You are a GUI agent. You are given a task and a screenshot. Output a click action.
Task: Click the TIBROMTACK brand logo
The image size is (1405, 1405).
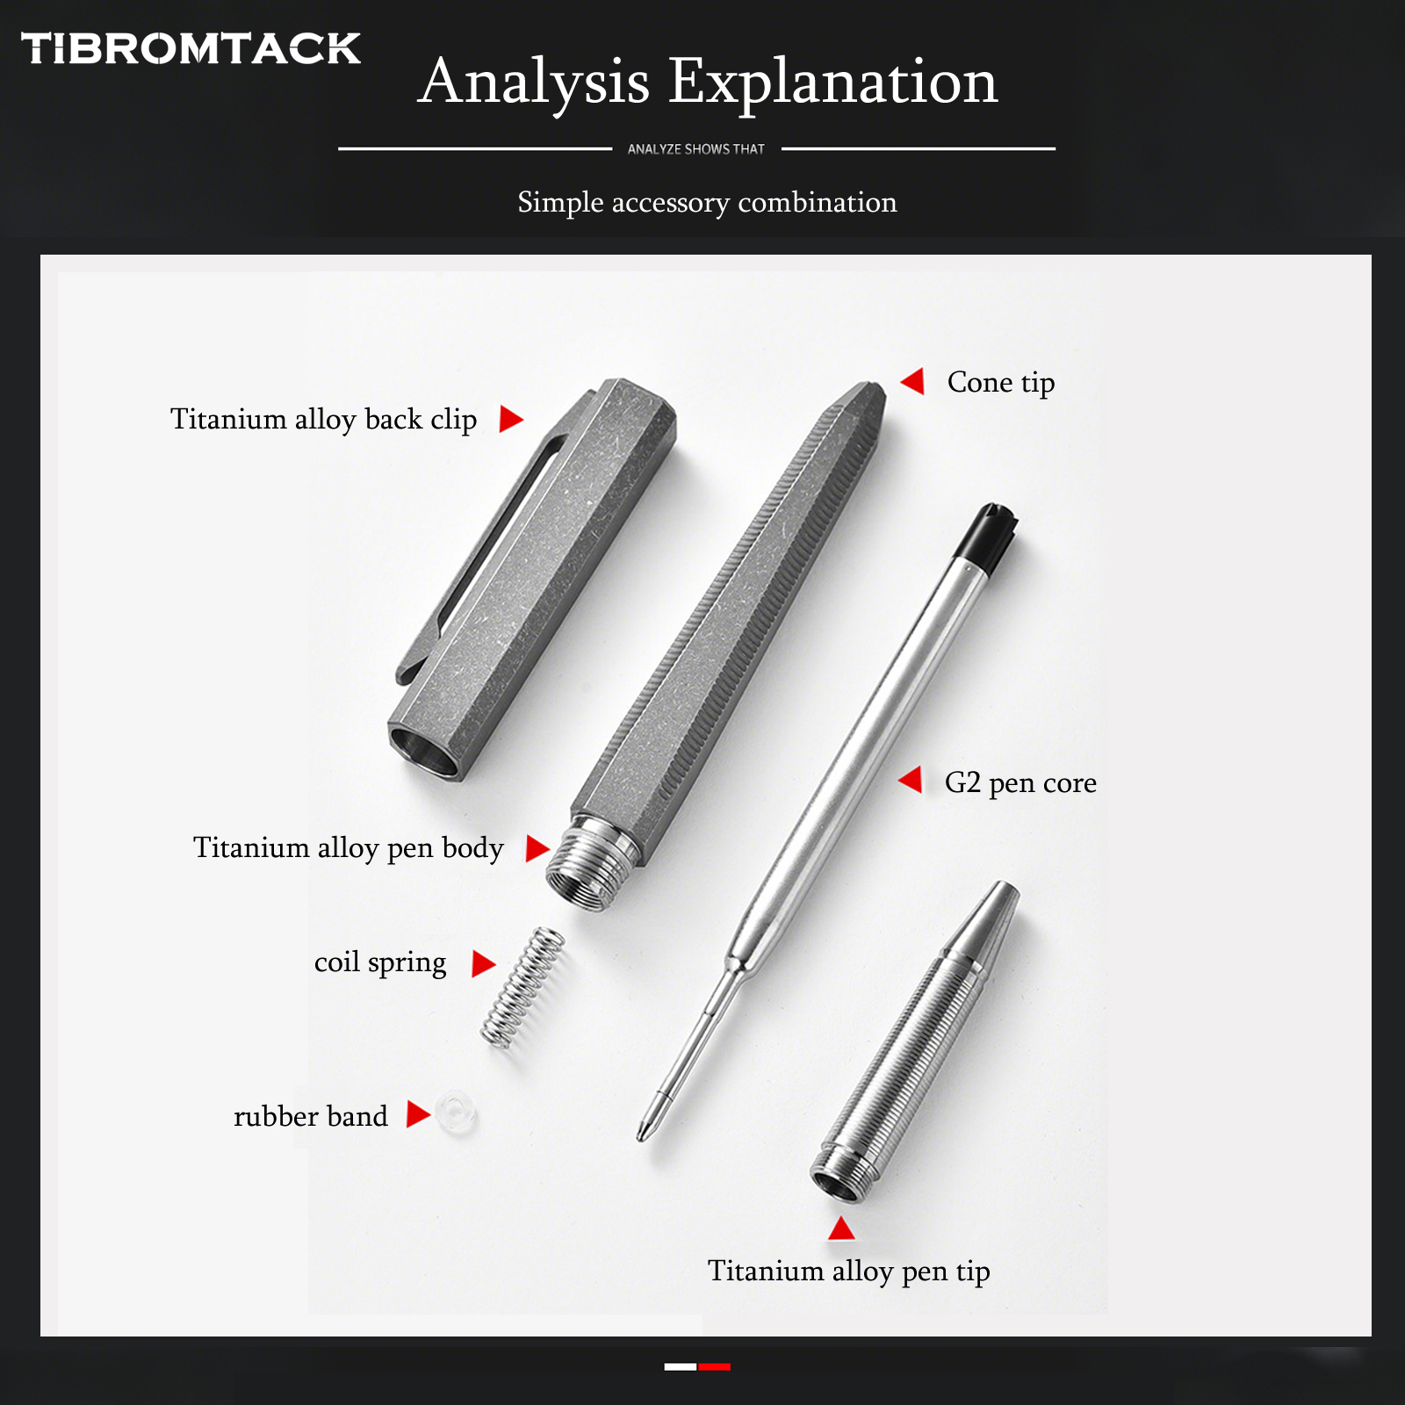191,48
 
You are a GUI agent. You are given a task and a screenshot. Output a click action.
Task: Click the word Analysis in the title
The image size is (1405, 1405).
534,82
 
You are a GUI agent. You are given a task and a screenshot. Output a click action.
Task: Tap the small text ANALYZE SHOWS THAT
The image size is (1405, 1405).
695,149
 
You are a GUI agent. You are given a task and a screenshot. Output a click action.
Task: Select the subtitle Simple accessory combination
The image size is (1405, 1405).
707,202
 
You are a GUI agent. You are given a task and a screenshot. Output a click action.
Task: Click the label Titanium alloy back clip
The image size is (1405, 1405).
323,419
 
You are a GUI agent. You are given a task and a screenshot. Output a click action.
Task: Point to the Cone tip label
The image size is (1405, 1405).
1000,382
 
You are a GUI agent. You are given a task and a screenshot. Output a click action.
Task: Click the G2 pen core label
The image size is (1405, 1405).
1020,782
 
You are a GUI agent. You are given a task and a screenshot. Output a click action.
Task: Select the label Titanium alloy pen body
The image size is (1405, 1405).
348,847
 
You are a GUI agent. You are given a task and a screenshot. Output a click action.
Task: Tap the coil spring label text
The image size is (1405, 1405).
379,962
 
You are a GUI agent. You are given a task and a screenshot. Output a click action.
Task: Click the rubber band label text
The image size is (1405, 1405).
310,1116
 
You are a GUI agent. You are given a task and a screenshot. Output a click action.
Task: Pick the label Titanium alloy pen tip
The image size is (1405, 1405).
848,1271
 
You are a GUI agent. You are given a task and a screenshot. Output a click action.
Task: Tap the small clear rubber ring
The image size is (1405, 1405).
456,1113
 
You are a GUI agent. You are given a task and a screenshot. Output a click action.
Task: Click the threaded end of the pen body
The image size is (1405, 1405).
591,865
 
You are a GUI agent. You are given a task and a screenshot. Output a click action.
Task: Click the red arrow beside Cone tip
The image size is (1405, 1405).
913,381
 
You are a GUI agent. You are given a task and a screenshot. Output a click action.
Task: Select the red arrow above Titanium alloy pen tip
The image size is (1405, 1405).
841,1228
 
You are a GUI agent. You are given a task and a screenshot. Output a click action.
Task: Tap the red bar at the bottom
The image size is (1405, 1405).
714,1366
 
